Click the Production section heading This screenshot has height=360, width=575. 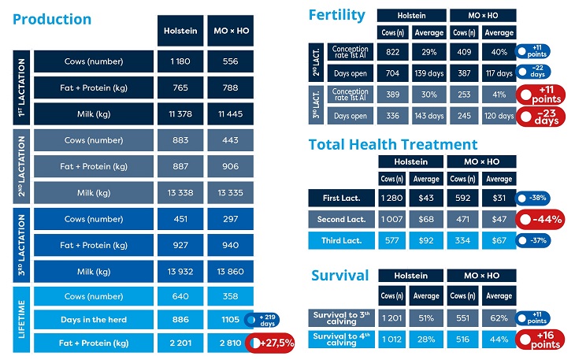[x=52, y=19]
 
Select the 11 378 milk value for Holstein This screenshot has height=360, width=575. [x=180, y=113]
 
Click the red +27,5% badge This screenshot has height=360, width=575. [x=270, y=343]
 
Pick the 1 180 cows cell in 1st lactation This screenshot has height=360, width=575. [x=180, y=61]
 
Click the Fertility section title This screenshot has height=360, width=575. [x=337, y=15]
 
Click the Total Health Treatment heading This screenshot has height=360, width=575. [x=392, y=144]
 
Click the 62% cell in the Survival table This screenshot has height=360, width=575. [x=499, y=318]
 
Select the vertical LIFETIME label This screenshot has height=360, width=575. [x=21, y=320]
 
